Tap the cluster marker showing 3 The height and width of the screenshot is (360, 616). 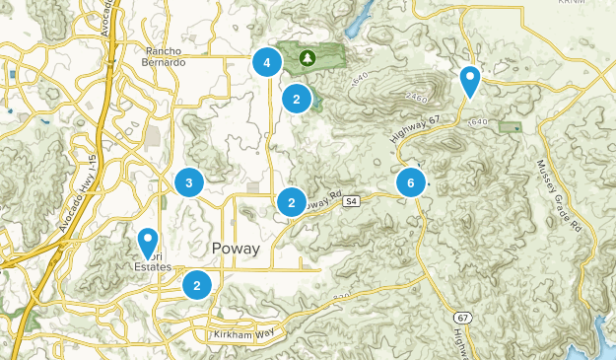click(x=188, y=181)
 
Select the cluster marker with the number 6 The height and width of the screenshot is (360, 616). click(x=411, y=182)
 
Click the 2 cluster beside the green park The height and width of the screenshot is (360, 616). click(x=297, y=99)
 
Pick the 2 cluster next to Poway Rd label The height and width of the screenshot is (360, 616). click(x=291, y=202)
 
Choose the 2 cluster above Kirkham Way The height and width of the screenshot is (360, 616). click(x=198, y=285)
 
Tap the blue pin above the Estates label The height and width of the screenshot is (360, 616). click(x=148, y=242)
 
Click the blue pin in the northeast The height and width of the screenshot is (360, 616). click(x=470, y=80)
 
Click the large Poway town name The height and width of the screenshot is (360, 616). click(x=236, y=249)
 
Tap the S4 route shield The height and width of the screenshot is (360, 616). click(x=350, y=202)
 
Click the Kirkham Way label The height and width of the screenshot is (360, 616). click(x=241, y=336)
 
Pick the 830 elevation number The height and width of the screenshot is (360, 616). click(x=342, y=297)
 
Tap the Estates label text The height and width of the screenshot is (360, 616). click(x=154, y=267)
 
